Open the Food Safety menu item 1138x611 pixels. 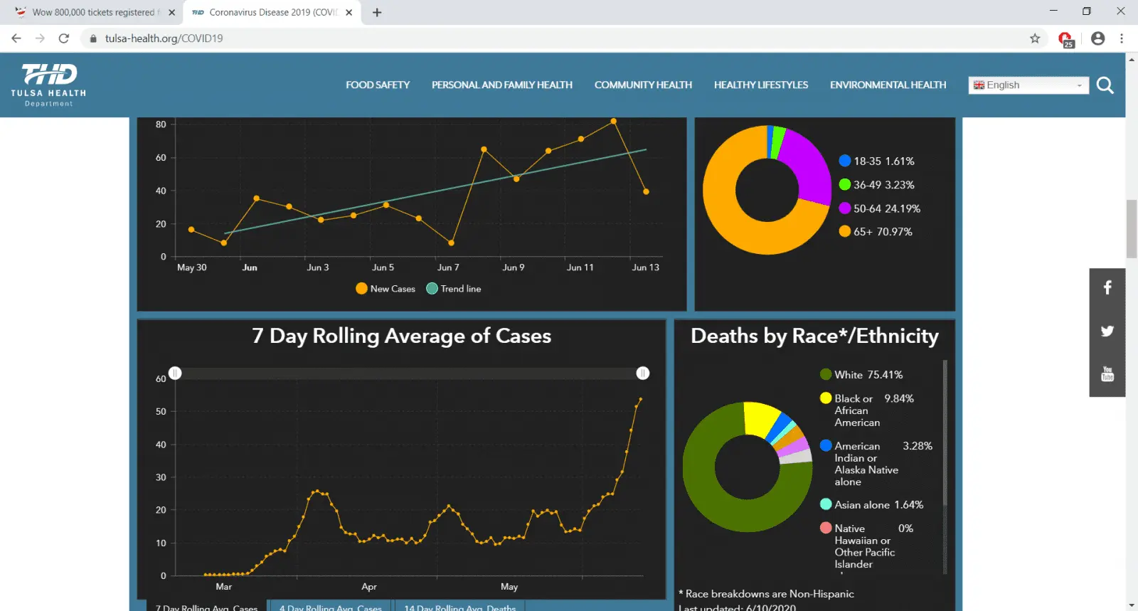[378, 85]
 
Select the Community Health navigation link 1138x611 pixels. [643, 85]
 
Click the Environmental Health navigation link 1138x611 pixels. [888, 85]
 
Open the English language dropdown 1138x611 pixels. [1028, 85]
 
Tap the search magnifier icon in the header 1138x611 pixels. [1105, 86]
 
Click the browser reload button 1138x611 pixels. [64, 38]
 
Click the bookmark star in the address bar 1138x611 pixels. [1035, 38]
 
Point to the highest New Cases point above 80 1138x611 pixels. [614, 122]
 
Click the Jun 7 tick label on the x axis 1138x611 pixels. [448, 267]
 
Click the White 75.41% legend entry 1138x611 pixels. [861, 375]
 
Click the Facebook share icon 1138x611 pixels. [1107, 287]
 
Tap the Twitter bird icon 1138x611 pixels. [1107, 331]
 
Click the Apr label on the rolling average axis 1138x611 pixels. [368, 587]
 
